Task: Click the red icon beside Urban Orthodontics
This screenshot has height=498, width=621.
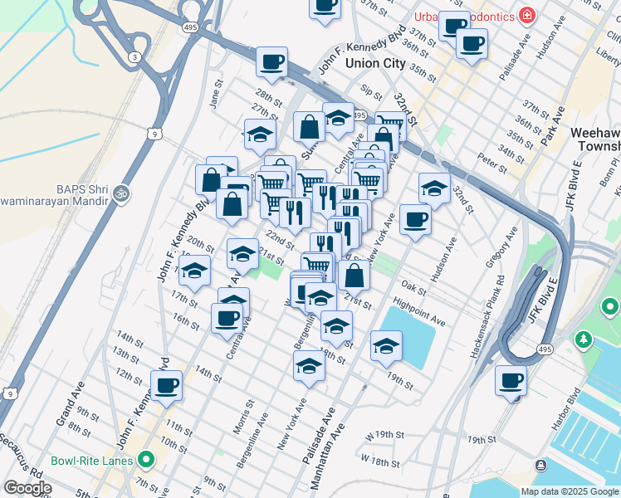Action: click(x=526, y=15)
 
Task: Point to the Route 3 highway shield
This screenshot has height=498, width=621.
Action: click(x=134, y=56)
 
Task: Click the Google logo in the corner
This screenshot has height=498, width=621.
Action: click(x=27, y=488)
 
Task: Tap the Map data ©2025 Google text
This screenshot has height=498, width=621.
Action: click(x=570, y=491)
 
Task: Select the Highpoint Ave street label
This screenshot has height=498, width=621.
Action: click(x=419, y=313)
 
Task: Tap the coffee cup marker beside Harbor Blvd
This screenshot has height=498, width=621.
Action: click(x=511, y=381)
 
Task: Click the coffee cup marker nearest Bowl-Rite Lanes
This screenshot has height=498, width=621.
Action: click(x=166, y=386)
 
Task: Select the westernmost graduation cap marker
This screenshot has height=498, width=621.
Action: click(x=195, y=271)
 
